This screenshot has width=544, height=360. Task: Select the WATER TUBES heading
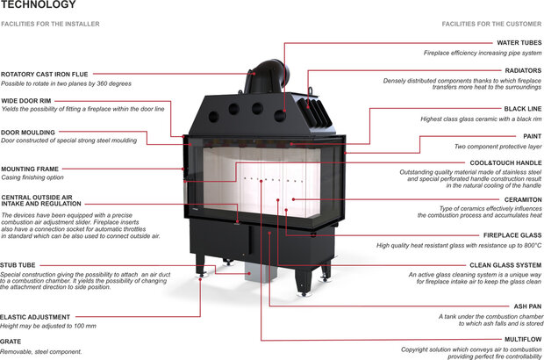pos(519,42)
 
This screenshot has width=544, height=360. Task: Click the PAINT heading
pos(531,136)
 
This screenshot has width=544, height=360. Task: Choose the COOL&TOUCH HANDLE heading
pos(505,162)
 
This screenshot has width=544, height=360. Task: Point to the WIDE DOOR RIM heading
pos(26,100)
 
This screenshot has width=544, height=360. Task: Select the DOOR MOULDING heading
pos(29,132)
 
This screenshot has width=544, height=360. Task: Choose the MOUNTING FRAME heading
pos(30,168)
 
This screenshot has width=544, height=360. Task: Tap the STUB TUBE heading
pos(18,263)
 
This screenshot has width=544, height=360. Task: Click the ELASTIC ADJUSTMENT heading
pos(35,316)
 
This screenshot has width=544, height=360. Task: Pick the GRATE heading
pos(11,342)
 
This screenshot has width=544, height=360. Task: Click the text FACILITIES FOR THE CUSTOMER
pos(492,23)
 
